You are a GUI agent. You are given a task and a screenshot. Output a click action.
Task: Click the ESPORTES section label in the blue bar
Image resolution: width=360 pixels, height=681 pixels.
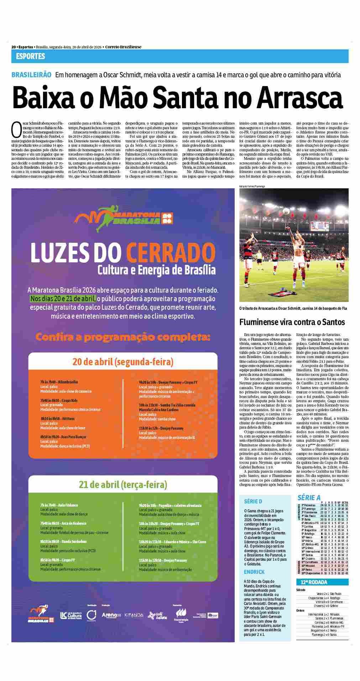tap(30, 56)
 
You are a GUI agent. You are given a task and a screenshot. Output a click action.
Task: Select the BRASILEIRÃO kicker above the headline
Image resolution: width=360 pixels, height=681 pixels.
tap(31, 75)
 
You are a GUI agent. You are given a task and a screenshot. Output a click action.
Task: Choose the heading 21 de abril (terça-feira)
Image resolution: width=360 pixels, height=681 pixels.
tap(123, 484)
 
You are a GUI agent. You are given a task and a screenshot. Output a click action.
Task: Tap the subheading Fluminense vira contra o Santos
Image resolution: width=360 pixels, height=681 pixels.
tap(292, 322)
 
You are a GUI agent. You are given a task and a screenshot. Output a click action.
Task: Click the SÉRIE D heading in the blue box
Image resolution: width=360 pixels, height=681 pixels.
tap(253, 501)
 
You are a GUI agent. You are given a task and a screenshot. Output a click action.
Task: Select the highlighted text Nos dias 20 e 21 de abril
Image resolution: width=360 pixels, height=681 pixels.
tap(63, 298)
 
